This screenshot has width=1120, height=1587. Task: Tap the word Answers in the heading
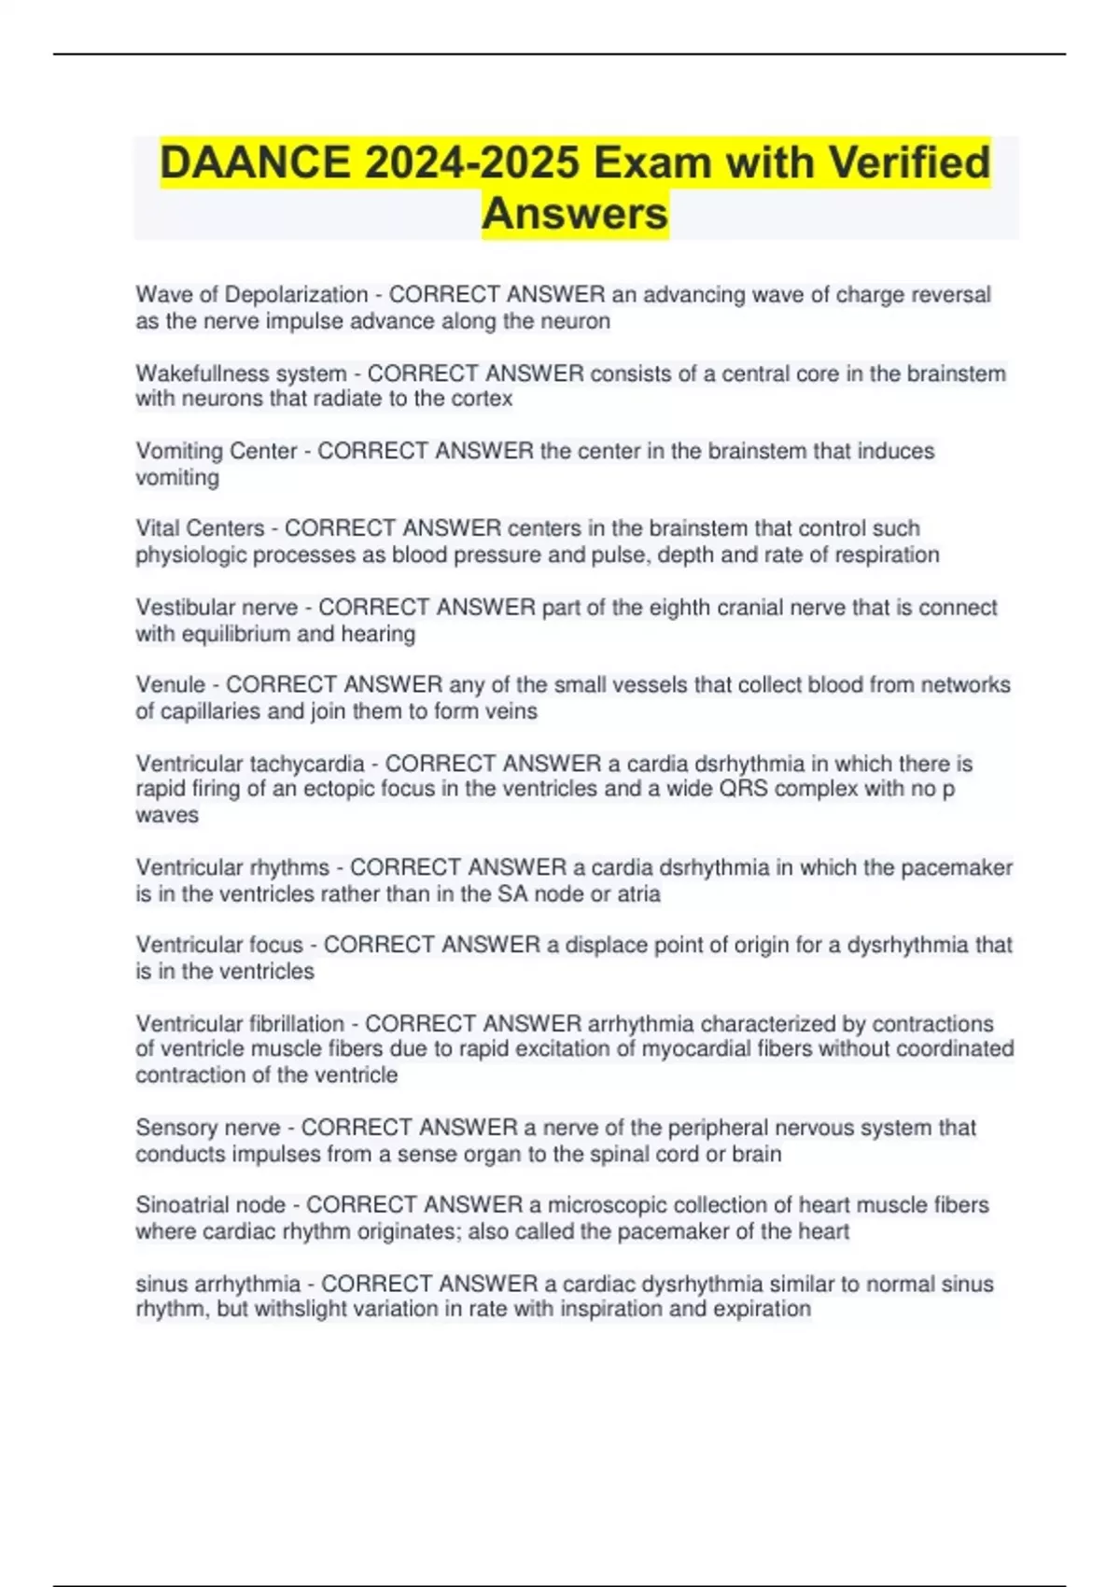575,214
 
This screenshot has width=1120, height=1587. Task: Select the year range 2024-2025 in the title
471,163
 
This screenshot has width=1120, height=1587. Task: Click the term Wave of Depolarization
251,295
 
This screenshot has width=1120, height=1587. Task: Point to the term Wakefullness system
241,373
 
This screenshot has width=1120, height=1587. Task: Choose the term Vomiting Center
216,451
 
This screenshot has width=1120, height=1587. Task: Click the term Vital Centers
200,528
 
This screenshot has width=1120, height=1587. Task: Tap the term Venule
170,685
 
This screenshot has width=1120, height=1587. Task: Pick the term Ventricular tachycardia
249,764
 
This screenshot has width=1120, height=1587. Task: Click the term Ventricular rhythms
232,868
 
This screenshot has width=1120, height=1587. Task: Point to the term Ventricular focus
219,946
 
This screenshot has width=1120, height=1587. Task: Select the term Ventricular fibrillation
240,1024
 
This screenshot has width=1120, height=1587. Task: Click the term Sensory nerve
208,1128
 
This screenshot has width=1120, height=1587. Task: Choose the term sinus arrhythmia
218,1285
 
